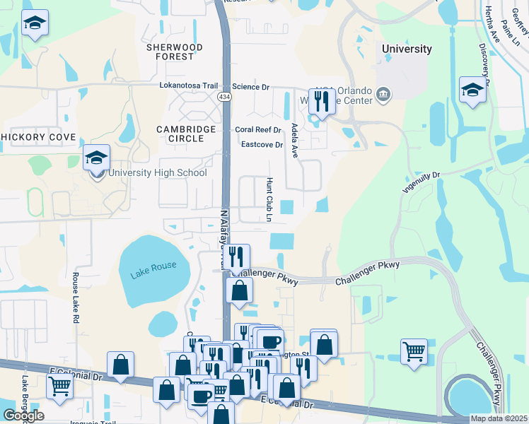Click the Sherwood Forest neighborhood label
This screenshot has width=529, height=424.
coord(174,52)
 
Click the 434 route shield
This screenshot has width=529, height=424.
coord(224,96)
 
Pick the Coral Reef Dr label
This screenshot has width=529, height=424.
coord(258,130)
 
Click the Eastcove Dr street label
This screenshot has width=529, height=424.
coord(262,145)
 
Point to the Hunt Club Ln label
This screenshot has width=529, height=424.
coord(269,200)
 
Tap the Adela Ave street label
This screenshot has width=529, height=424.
coord(294,140)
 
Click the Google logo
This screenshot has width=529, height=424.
coord(23,416)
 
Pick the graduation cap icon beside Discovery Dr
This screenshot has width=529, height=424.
coord(472,90)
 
